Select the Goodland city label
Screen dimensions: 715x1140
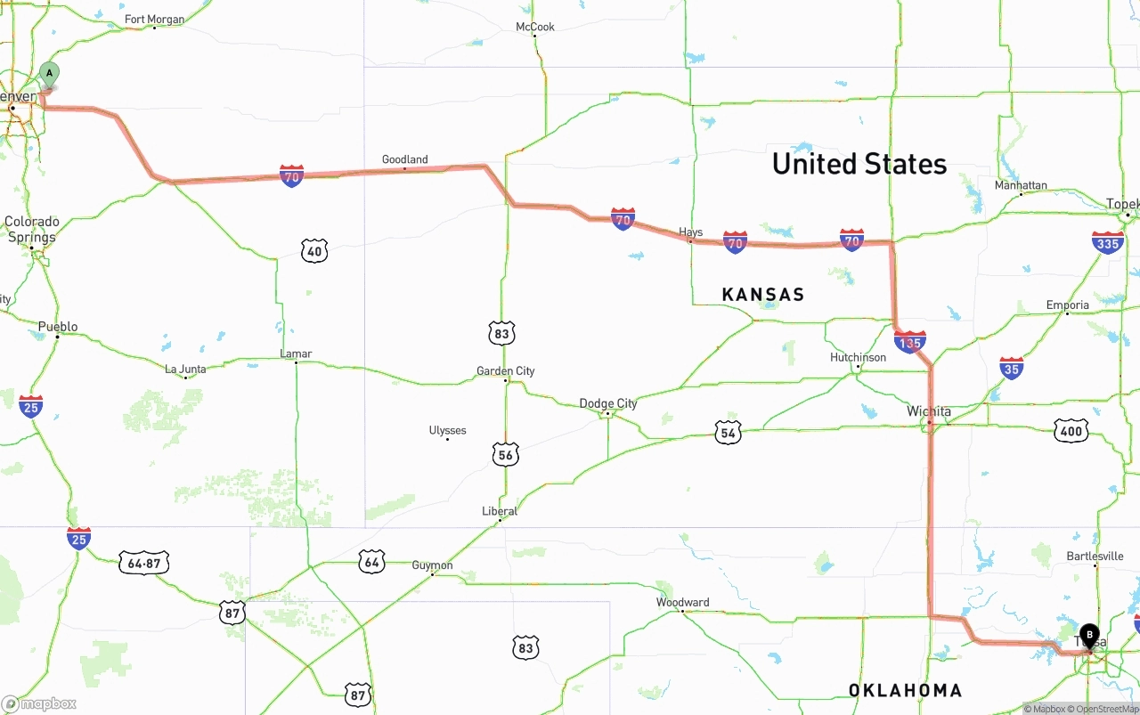point(404,159)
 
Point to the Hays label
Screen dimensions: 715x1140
point(690,232)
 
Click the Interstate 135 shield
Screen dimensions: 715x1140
point(909,342)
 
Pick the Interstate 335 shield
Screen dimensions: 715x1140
point(1108,242)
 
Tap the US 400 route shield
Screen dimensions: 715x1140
point(1071,432)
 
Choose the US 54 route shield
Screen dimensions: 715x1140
point(729,434)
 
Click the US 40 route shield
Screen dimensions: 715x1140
point(313,252)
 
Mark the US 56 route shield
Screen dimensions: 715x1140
point(506,455)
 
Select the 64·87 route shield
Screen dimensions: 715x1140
point(143,563)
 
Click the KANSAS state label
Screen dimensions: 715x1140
point(762,295)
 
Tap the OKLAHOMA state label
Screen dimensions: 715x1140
point(905,690)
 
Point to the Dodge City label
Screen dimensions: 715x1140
point(608,403)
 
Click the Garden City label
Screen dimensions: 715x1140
point(505,371)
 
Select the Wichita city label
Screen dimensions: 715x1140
point(929,411)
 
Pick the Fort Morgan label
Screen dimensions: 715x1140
point(154,20)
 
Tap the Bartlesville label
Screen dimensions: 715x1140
point(1095,557)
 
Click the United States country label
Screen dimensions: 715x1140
point(859,164)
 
